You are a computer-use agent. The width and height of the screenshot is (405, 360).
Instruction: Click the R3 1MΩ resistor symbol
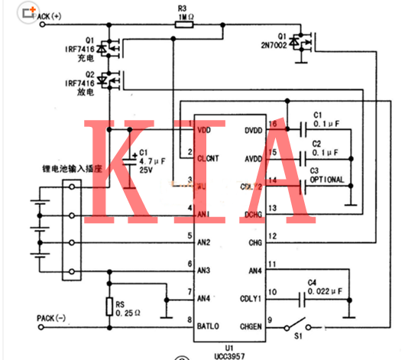pyautogui.click(x=184, y=24)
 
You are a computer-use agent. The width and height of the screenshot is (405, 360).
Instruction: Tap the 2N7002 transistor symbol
pyautogui.click(x=307, y=45)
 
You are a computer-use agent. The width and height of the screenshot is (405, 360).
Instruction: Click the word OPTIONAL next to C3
pyautogui.click(x=324, y=180)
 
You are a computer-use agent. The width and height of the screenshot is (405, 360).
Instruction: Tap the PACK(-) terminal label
pyautogui.click(x=52, y=317)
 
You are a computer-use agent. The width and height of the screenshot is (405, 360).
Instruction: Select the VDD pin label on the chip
pyautogui.click(x=204, y=131)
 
